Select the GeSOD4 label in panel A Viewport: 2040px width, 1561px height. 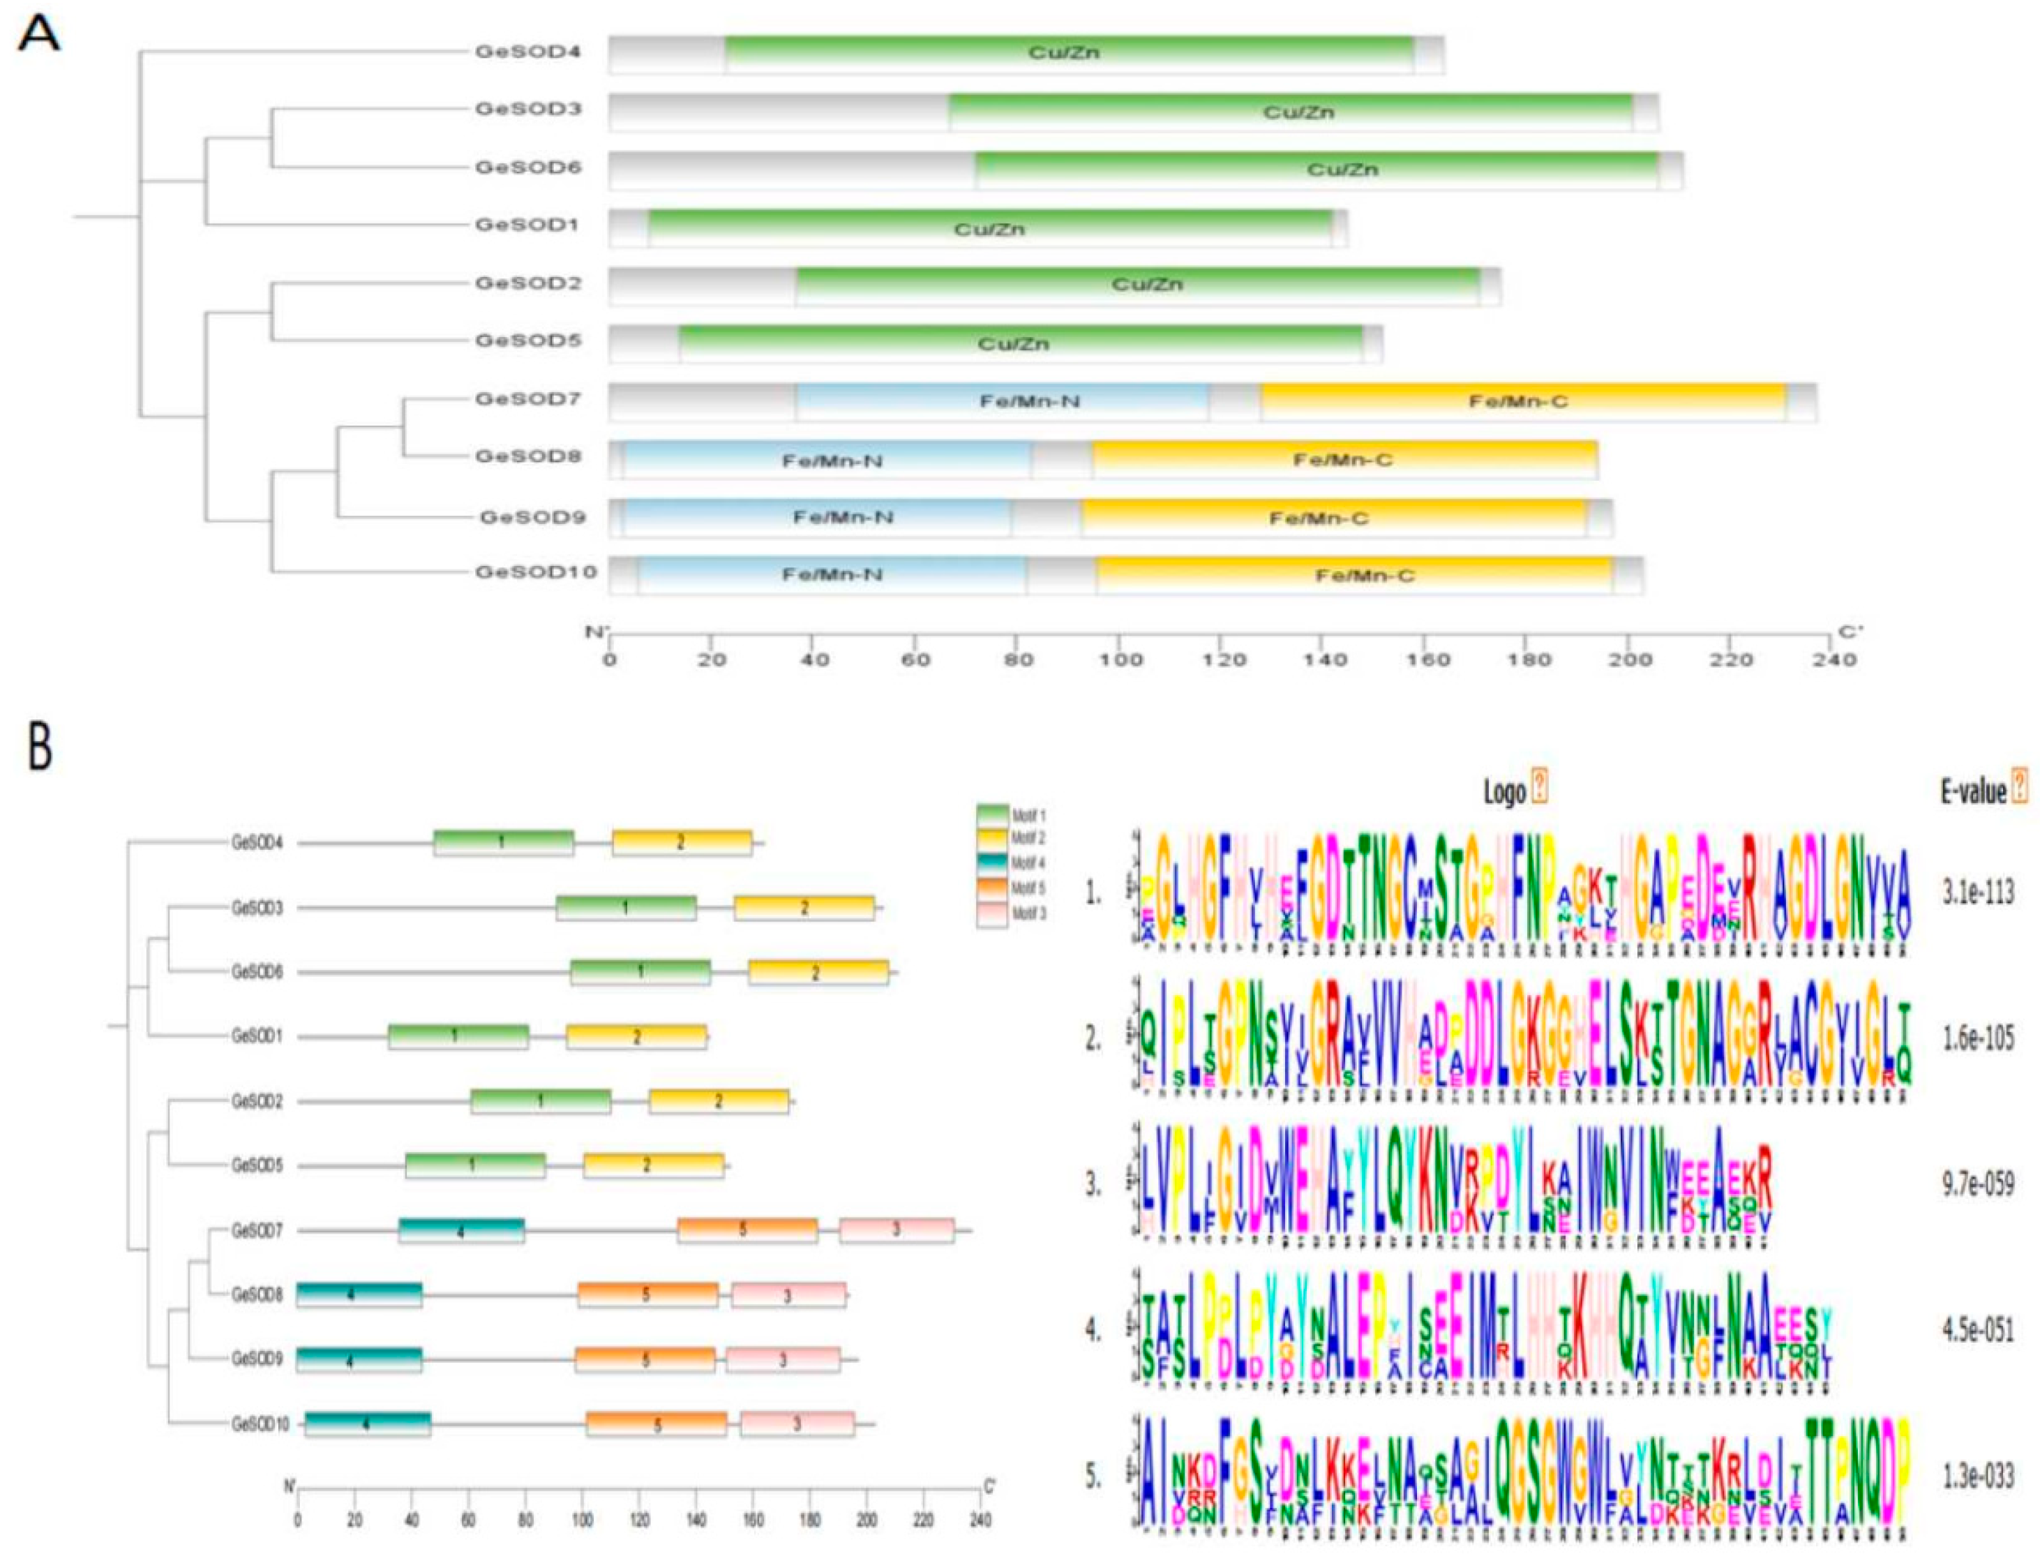(x=527, y=52)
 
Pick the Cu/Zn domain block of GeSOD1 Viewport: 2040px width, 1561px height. (x=989, y=229)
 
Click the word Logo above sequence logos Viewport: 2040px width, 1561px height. (x=1504, y=791)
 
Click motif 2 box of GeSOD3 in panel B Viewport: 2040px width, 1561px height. (x=804, y=908)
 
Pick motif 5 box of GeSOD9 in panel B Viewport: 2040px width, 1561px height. (x=645, y=1360)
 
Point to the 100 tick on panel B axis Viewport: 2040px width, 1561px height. (x=583, y=1521)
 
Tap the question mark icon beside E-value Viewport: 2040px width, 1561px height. (x=2018, y=789)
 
